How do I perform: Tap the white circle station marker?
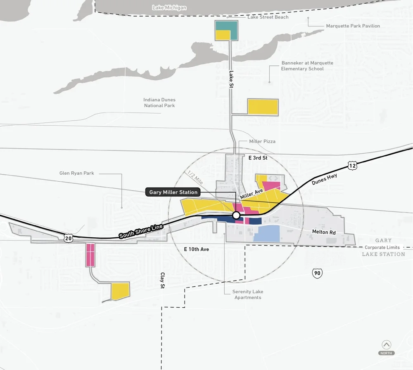[236, 215]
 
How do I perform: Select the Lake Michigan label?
[169, 8]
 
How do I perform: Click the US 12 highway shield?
[352, 166]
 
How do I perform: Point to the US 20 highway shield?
[69, 238]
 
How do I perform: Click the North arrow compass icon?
[387, 345]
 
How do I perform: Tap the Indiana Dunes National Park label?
[159, 103]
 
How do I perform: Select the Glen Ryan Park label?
[77, 173]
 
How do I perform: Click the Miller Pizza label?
[262, 141]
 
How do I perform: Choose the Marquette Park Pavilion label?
[353, 26]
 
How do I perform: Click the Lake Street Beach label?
[268, 17]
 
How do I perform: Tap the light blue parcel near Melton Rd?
[266, 234]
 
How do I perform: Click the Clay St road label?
[163, 280]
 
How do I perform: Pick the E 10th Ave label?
[197, 250]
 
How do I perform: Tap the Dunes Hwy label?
[325, 181]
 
